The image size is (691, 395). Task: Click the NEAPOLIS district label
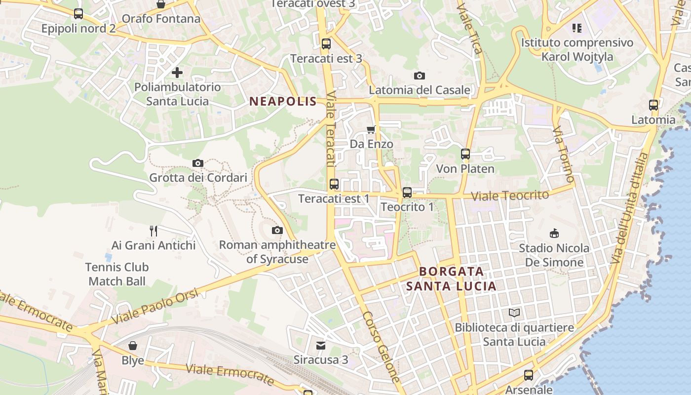(x=283, y=102)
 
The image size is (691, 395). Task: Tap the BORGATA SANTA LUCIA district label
(x=451, y=279)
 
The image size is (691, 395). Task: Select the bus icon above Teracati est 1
(x=334, y=184)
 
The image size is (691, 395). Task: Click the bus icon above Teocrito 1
(x=407, y=193)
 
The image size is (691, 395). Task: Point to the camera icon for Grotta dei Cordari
(x=198, y=163)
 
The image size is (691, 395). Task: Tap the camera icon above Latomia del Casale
(x=420, y=76)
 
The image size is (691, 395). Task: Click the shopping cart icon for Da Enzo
(x=371, y=129)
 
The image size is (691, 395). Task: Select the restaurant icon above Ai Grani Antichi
(x=154, y=230)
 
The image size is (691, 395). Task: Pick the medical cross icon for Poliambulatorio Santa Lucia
(x=177, y=73)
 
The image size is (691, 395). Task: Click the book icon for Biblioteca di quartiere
(x=514, y=313)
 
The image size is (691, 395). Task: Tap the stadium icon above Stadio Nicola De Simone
(x=554, y=233)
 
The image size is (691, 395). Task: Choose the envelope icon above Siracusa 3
(x=321, y=345)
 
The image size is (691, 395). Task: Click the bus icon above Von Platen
(x=465, y=154)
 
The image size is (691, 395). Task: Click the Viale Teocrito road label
(x=510, y=196)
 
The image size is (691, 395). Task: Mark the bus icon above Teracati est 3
(x=326, y=43)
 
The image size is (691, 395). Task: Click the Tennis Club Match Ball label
(x=117, y=274)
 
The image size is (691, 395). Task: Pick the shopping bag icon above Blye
(x=133, y=345)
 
